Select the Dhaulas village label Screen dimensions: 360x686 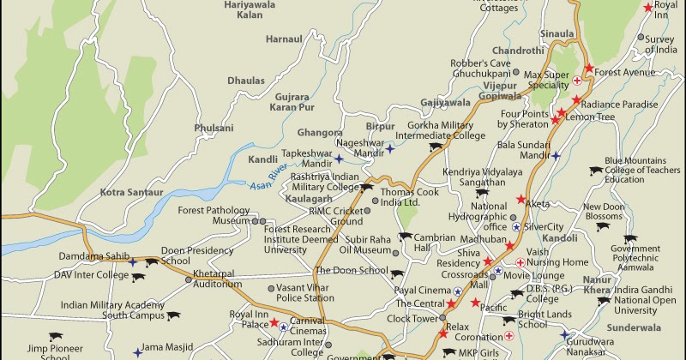tap(246, 80)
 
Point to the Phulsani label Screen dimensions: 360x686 tap(214, 128)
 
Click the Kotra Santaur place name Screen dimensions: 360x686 tap(130, 192)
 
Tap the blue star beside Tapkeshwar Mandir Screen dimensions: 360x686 tap(340, 159)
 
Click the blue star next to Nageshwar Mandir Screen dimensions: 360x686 tap(390, 149)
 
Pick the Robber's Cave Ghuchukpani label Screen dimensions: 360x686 tap(486, 69)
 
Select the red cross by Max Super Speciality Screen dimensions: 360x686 tap(578, 81)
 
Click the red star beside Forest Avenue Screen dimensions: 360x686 tap(588, 69)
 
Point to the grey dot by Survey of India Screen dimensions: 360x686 tap(641, 38)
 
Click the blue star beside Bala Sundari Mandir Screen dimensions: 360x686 tap(556, 156)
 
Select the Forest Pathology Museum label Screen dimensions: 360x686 tap(213, 215)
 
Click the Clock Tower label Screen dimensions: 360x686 tap(412, 318)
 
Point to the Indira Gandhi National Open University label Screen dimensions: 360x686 tap(647, 300)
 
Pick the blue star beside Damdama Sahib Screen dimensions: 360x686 tap(133, 262)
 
